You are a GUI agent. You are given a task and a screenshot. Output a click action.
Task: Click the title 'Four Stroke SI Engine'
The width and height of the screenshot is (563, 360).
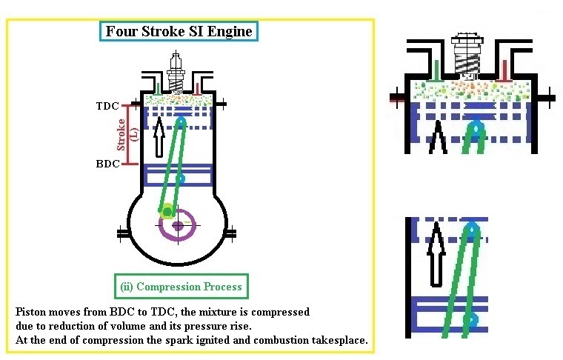click(179, 31)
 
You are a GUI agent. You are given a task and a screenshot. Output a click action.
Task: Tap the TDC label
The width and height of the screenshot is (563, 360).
click(107, 106)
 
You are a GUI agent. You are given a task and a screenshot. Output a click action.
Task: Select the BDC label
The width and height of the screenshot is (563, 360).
click(107, 163)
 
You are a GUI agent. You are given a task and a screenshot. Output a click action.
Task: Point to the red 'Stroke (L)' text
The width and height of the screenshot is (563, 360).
click(133, 134)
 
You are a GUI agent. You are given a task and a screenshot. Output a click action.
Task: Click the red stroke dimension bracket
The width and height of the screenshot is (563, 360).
click(127, 134)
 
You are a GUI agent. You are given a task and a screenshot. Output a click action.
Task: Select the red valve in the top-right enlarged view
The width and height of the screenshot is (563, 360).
click(505, 70)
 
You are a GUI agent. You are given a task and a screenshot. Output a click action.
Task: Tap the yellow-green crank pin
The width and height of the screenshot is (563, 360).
click(168, 212)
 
